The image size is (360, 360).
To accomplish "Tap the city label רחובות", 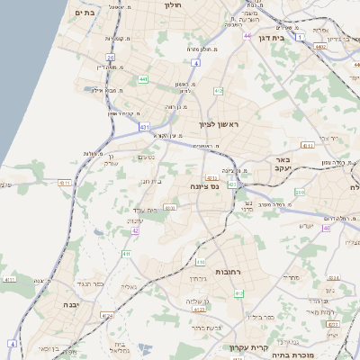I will [x=225, y=271].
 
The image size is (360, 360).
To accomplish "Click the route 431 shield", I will [x=145, y=128].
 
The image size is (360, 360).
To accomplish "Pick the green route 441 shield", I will [x=144, y=79].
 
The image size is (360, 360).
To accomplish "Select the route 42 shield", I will [x=136, y=231].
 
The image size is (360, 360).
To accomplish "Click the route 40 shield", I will [x=326, y=228].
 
